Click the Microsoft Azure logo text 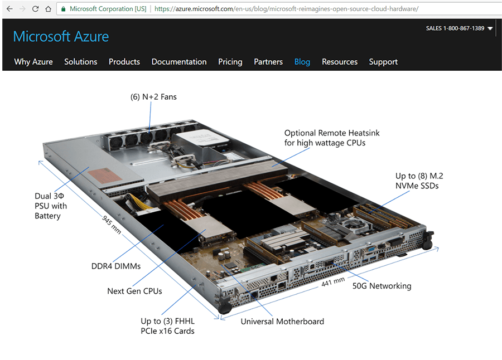click(61, 37)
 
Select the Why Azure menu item click(33, 62)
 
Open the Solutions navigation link click(80, 62)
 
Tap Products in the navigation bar click(124, 62)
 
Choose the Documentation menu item click(179, 62)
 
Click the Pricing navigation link click(230, 62)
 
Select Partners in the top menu click(268, 62)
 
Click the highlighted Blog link click(302, 62)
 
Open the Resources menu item click(340, 62)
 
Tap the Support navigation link click(383, 62)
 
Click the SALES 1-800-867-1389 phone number click(455, 28)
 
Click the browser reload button click(35, 9)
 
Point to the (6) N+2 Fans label click(153, 97)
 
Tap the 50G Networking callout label click(382, 286)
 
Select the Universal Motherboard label click(282, 321)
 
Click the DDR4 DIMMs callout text click(116, 266)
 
